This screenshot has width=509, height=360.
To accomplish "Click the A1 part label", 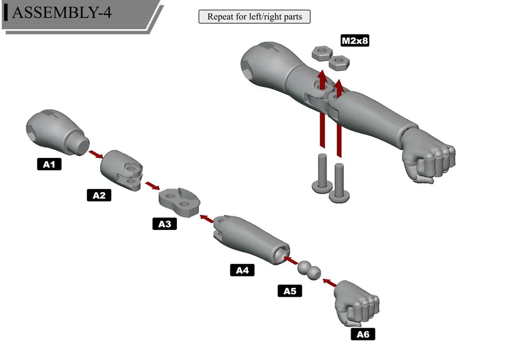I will point(49,165).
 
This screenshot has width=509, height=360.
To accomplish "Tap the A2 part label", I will point(99,195).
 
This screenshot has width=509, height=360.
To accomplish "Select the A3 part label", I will point(165,223).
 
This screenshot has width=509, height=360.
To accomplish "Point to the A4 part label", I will point(242,270).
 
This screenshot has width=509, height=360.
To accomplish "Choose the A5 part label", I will point(290,291).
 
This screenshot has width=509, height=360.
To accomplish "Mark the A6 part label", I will point(363,334).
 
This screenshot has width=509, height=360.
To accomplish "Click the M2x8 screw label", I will point(355,41).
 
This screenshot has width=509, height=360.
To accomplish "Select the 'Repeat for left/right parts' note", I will point(254,17).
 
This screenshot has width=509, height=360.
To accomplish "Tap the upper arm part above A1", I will point(55,131).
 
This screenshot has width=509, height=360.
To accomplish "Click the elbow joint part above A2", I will point(121,169).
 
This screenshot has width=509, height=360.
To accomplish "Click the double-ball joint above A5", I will point(309,268).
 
